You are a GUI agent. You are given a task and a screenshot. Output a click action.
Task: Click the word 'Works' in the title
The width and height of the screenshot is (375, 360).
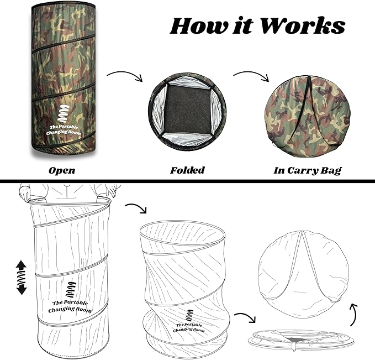click(x=302, y=26)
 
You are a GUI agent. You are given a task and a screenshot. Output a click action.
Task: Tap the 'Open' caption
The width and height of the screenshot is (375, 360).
click(x=62, y=170)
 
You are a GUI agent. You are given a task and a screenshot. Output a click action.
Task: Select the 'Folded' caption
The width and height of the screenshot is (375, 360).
click(x=187, y=170)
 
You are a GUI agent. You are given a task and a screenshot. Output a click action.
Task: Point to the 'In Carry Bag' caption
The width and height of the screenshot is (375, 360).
click(x=308, y=170)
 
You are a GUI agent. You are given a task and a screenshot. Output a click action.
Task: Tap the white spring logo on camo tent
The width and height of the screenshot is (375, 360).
click(x=64, y=113)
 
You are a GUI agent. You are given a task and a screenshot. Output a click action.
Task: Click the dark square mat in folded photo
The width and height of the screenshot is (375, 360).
click(x=187, y=111)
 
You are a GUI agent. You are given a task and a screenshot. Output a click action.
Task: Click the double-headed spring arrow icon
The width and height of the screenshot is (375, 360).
click(x=22, y=278)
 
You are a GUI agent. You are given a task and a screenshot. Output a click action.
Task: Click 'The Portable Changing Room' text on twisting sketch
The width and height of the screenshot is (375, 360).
click(x=189, y=327)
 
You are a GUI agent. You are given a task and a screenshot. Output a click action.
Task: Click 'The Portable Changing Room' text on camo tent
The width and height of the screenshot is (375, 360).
click(x=64, y=130)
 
